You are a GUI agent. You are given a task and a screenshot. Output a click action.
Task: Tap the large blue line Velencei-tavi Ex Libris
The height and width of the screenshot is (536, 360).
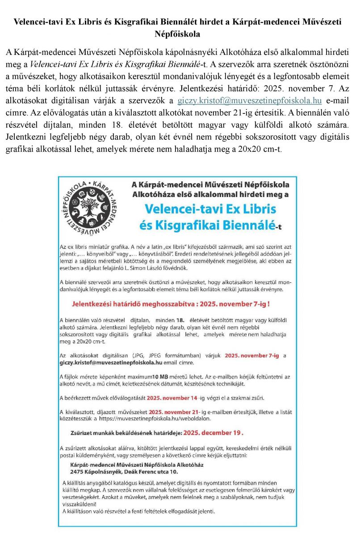210,209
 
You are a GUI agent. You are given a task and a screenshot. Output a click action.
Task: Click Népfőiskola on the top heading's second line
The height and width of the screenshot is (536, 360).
177,34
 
